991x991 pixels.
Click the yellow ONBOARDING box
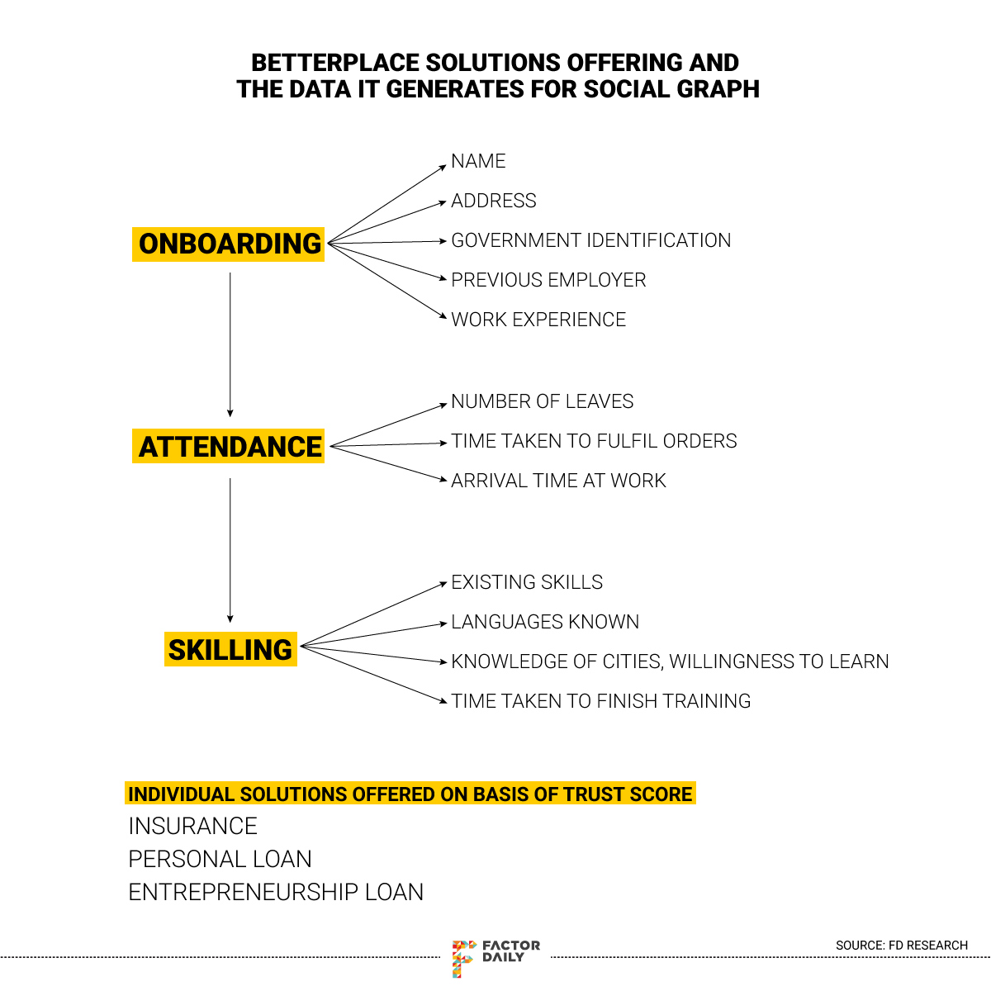(229, 244)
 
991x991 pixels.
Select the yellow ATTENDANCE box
(229, 447)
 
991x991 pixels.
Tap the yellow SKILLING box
(230, 650)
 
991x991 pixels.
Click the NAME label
(478, 161)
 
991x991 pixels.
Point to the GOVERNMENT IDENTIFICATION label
(590, 240)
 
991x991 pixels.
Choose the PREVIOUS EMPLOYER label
(548, 280)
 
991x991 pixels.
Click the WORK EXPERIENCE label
(538, 320)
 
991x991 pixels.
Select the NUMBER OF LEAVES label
(542, 401)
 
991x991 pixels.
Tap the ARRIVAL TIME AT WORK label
(558, 481)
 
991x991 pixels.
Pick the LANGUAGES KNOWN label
(545, 622)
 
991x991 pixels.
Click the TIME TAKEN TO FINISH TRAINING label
(600, 701)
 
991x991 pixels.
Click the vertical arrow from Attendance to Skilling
(230, 550)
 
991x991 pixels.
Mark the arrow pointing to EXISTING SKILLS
(373, 614)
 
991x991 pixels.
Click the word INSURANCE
(192, 826)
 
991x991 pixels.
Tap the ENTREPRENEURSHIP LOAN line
(276, 892)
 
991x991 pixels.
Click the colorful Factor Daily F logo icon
(463, 957)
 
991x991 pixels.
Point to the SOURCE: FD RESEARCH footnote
(901, 945)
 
